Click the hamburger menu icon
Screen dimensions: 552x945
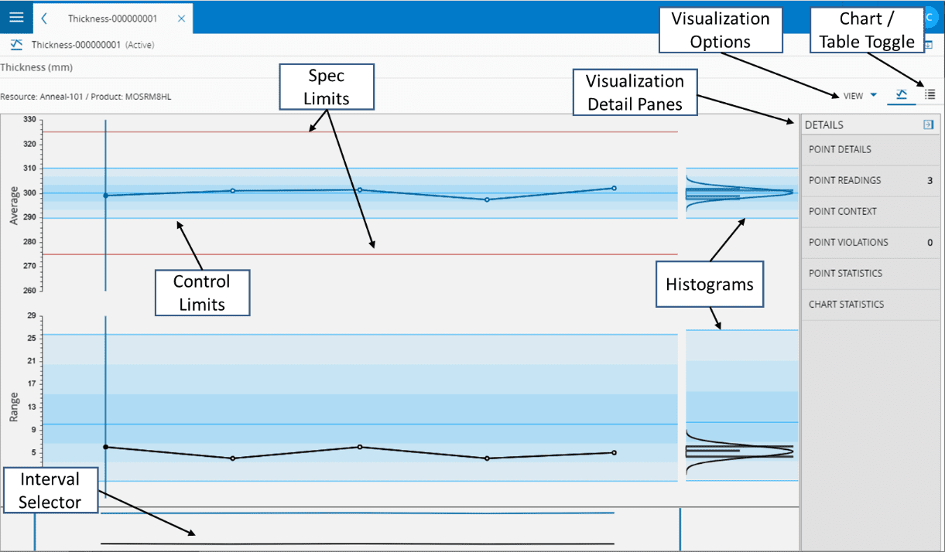[x=16, y=17]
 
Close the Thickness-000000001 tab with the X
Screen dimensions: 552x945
[x=181, y=19]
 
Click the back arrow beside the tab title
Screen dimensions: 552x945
[x=44, y=19]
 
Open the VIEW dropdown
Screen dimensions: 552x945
[x=860, y=96]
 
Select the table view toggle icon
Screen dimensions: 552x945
[x=930, y=94]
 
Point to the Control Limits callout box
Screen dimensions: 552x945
[x=203, y=292]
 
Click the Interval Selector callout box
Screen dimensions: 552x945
[x=50, y=490]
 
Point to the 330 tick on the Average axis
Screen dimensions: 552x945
[x=29, y=120]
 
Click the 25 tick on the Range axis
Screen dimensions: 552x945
[x=31, y=338]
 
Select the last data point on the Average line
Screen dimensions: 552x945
[x=614, y=188]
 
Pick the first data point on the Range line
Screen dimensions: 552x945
[x=105, y=447]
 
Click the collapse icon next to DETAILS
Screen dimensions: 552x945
[x=928, y=124]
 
